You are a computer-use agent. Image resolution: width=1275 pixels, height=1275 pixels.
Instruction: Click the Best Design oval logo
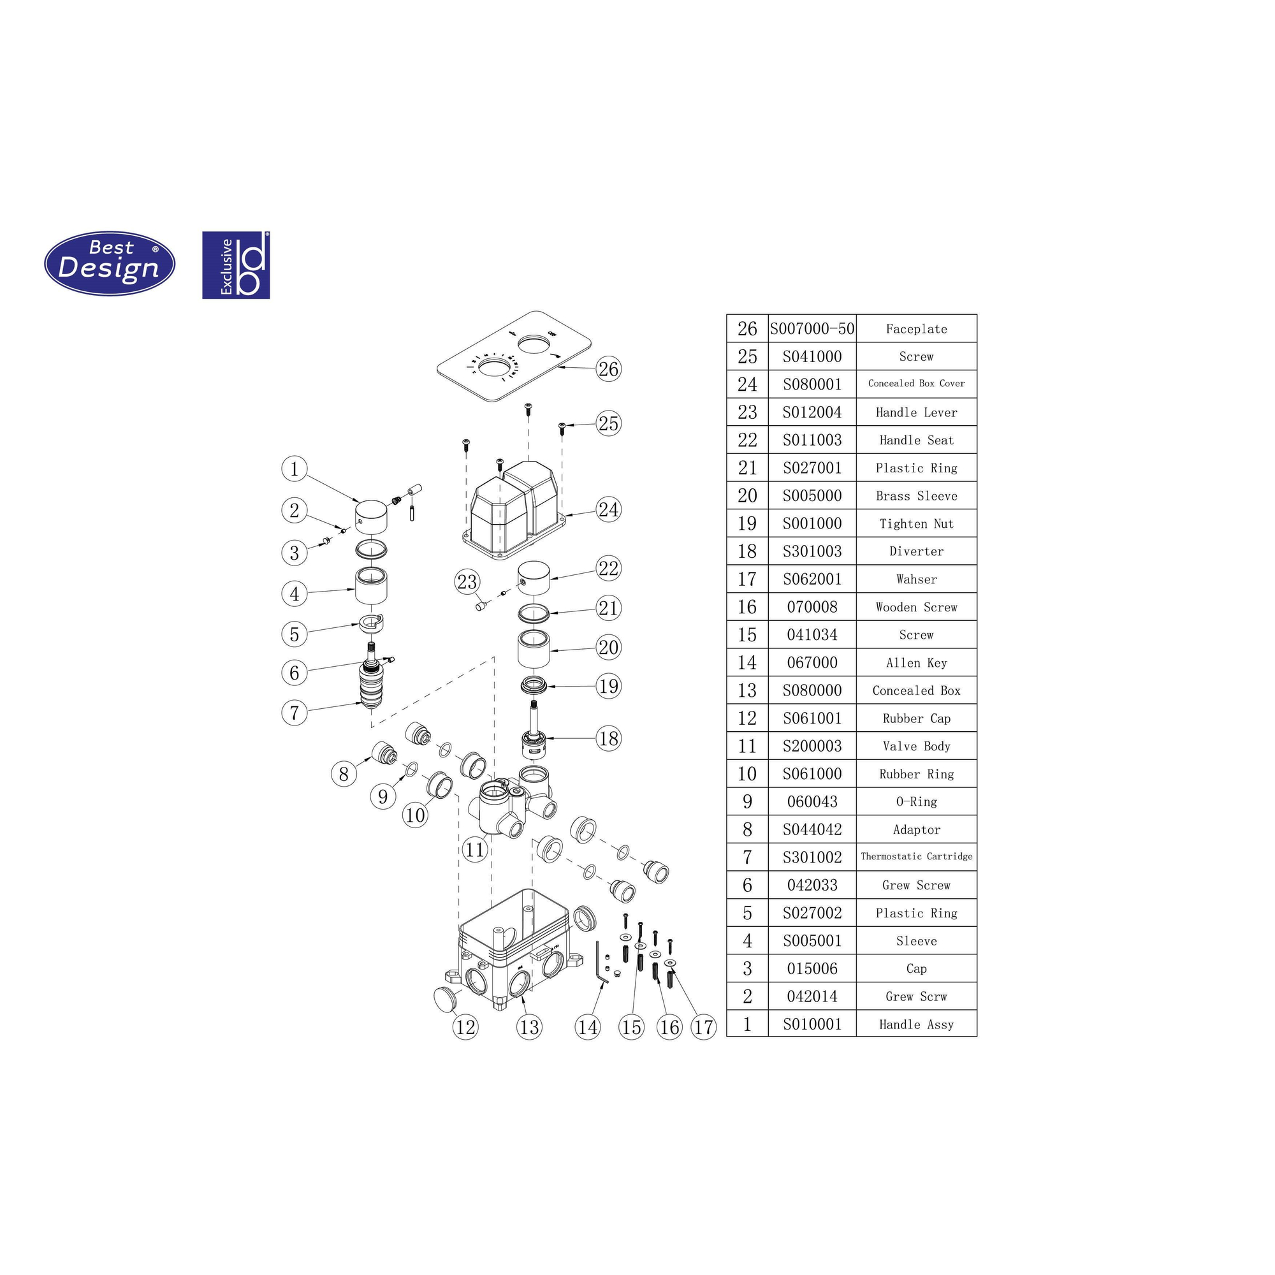coord(110,263)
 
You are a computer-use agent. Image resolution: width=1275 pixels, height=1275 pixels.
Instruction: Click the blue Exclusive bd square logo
coord(236,265)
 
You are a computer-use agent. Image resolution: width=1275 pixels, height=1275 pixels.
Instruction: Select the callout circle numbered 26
coord(608,368)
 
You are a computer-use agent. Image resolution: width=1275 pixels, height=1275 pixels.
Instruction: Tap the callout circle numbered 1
coord(295,469)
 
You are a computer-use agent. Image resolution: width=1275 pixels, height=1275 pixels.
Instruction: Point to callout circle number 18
coord(608,738)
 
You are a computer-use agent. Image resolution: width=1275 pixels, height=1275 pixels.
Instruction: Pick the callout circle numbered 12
coord(465,1026)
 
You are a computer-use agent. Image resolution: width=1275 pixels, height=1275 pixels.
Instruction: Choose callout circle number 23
coord(467,581)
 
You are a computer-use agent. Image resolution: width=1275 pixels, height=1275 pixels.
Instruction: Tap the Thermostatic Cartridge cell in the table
coord(916,857)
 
